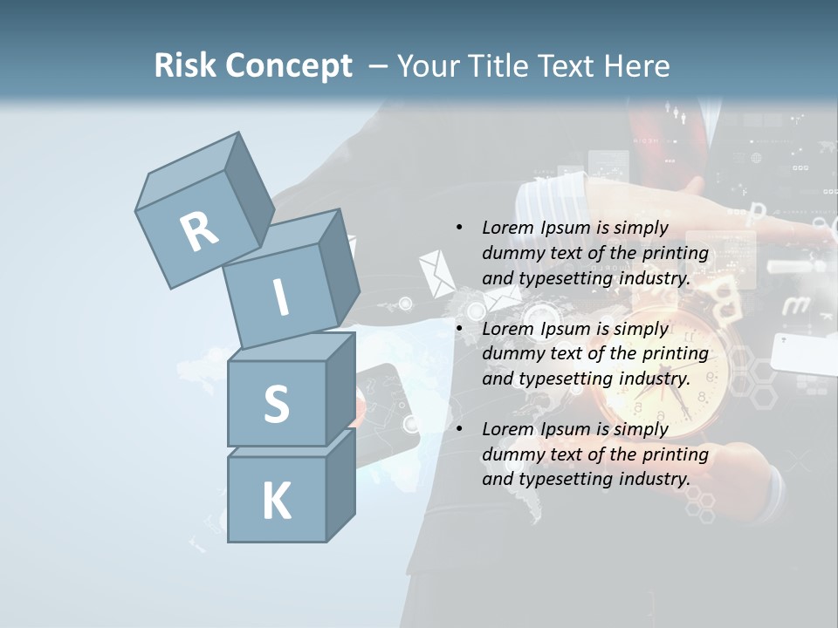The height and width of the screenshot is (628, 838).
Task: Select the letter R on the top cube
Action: tap(199, 231)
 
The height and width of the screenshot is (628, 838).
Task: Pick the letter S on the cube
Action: tap(276, 404)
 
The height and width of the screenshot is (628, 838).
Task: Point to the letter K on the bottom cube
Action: tap(276, 502)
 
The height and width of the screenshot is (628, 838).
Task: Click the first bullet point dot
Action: tap(459, 228)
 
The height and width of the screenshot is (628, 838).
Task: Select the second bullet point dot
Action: tap(459, 329)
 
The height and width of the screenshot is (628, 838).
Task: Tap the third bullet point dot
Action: tap(459, 429)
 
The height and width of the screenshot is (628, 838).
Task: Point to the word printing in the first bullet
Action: tap(675, 253)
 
